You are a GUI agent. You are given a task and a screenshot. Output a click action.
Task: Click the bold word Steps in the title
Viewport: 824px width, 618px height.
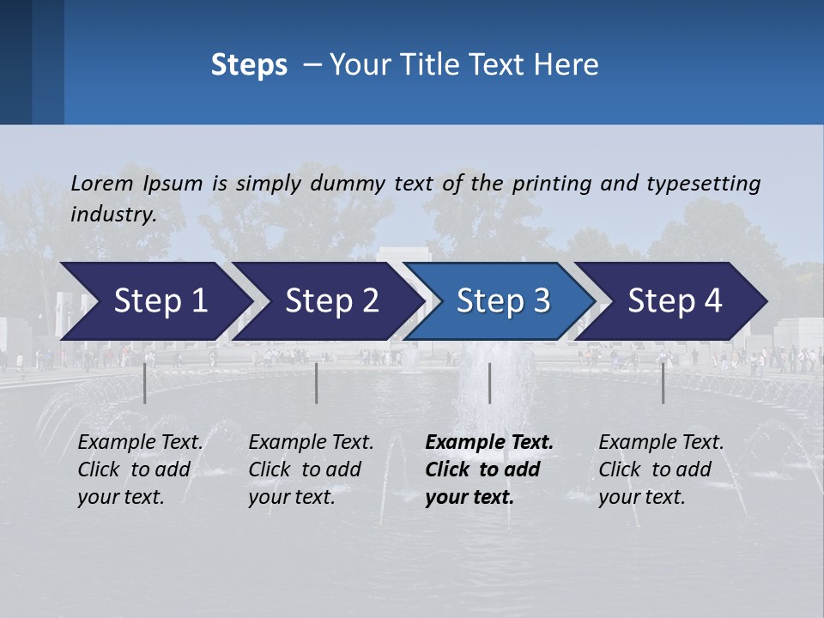(x=249, y=65)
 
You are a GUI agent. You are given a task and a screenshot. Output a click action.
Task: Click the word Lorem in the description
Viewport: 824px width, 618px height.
(x=102, y=183)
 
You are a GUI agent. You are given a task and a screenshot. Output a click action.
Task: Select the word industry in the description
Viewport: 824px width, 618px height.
(x=112, y=214)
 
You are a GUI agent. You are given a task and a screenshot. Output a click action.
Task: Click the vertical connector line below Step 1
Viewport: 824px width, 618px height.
(x=145, y=383)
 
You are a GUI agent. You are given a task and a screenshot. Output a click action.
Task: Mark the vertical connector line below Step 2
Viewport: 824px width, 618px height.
(x=317, y=383)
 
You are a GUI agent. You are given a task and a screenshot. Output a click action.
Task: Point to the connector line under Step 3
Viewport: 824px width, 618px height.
(x=489, y=383)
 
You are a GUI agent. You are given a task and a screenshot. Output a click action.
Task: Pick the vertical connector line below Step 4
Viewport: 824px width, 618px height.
(x=663, y=383)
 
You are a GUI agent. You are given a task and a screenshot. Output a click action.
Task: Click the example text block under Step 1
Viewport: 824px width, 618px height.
(x=140, y=470)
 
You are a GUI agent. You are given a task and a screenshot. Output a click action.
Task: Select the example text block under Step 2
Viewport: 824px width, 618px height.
(x=311, y=470)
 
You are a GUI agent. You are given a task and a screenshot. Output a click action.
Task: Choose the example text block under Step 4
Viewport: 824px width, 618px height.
(x=661, y=470)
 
